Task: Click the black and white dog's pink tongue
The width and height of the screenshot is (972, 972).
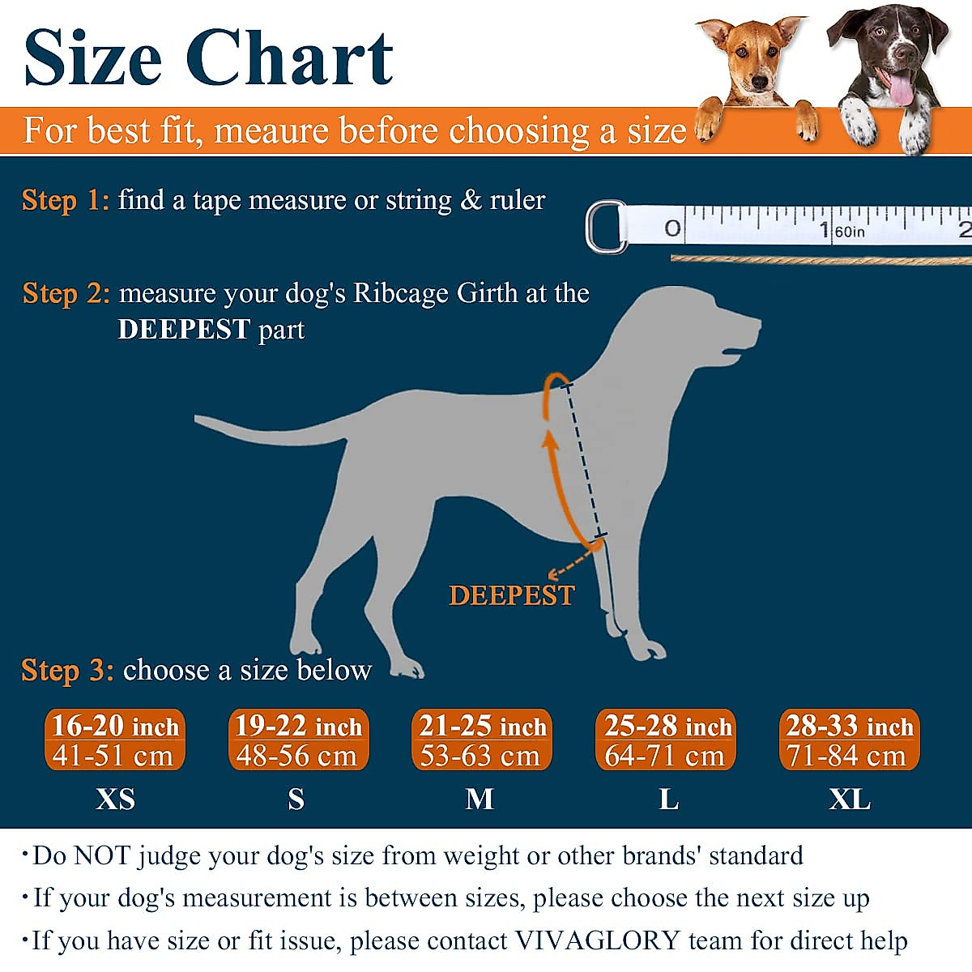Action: [x=900, y=90]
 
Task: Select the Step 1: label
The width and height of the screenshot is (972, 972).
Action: [x=65, y=200]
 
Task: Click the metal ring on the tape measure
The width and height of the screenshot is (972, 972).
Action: [x=604, y=228]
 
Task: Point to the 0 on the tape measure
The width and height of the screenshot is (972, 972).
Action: [x=672, y=228]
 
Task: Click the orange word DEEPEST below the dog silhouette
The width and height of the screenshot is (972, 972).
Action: [x=511, y=595]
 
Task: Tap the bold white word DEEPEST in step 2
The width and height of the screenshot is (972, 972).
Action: [x=183, y=330]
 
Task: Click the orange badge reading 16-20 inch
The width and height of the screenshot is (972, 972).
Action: [x=114, y=740]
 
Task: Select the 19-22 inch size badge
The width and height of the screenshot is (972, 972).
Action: [x=298, y=740]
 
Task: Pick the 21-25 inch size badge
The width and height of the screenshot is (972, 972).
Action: [x=482, y=740]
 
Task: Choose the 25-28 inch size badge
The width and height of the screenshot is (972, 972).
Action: [x=666, y=740]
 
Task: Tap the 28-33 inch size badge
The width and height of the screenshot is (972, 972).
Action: [x=849, y=740]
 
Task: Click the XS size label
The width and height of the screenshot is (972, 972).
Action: [x=115, y=799]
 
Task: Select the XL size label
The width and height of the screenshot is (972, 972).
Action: [x=849, y=799]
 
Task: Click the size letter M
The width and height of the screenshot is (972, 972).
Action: [x=480, y=799]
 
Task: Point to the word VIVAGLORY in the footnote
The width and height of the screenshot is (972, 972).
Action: [x=597, y=940]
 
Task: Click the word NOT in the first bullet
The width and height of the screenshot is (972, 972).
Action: [x=104, y=855]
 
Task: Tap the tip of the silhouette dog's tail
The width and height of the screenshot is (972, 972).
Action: [x=198, y=419]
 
